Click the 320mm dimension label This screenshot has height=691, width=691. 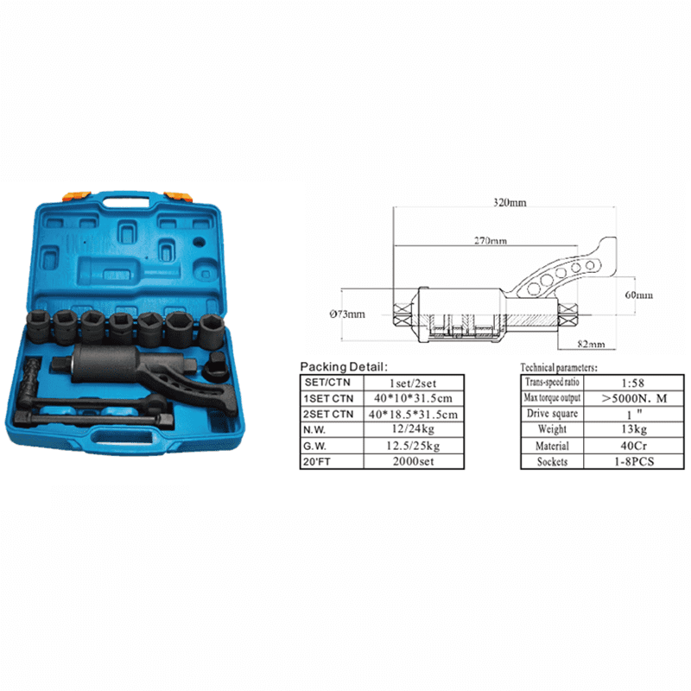pos(510,203)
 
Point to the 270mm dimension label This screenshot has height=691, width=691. pos(491,241)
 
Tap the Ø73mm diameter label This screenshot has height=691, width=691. pos(347,314)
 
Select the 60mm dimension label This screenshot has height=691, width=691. pos(638,295)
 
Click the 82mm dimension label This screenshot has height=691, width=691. pos(591,344)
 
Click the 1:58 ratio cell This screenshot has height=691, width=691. pos(633,383)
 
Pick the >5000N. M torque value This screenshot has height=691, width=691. pos(634,398)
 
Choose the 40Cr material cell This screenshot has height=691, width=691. pos(634,446)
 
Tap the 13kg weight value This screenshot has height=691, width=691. pos(634,429)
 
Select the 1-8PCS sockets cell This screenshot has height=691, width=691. pos(634,461)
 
